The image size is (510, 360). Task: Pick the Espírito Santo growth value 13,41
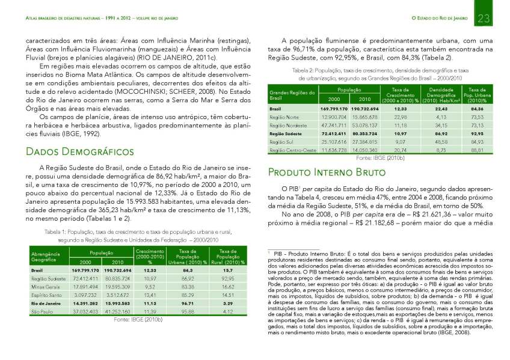click(x=146, y=296)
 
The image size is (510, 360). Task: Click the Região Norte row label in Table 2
click(x=284, y=117)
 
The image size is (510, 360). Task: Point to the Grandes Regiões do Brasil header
click(x=292, y=95)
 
